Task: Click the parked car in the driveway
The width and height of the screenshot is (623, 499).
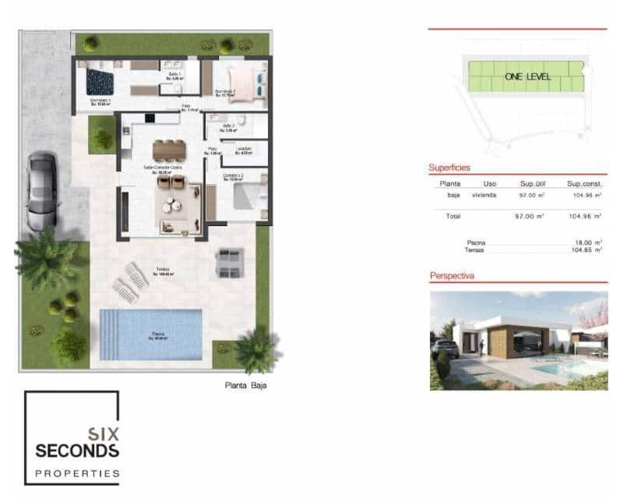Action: point(41,191)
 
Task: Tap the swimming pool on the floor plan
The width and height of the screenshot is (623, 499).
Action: point(151,334)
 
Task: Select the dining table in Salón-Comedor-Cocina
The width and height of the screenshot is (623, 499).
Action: point(168,148)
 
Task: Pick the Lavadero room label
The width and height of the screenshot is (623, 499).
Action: point(244,150)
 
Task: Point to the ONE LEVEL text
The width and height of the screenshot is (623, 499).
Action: point(527,76)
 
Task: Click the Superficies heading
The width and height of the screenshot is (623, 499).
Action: point(449,168)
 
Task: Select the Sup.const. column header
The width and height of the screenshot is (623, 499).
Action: point(585,183)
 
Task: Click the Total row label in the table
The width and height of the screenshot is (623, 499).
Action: point(453,215)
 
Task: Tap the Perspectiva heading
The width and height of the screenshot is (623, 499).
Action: point(452,276)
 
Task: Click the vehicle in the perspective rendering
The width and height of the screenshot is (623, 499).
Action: point(445,349)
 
